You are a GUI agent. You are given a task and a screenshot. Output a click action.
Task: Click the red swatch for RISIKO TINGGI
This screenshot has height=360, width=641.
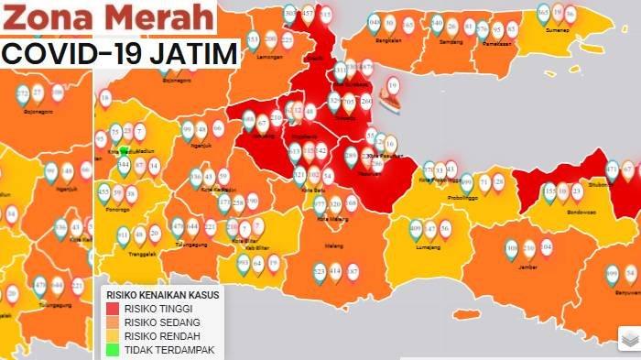pyautogui.click(x=114, y=309)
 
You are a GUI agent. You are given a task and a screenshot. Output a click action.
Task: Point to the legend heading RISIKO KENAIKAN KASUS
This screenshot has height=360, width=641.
pyautogui.click(x=161, y=295)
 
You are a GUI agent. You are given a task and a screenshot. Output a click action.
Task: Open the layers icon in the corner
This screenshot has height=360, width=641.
pyautogui.click(x=628, y=340)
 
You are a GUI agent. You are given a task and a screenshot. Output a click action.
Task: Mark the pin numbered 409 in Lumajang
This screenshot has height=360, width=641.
pyautogui.click(x=416, y=226)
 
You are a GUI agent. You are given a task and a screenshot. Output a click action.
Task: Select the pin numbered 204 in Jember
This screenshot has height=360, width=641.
pyautogui.click(x=547, y=245)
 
